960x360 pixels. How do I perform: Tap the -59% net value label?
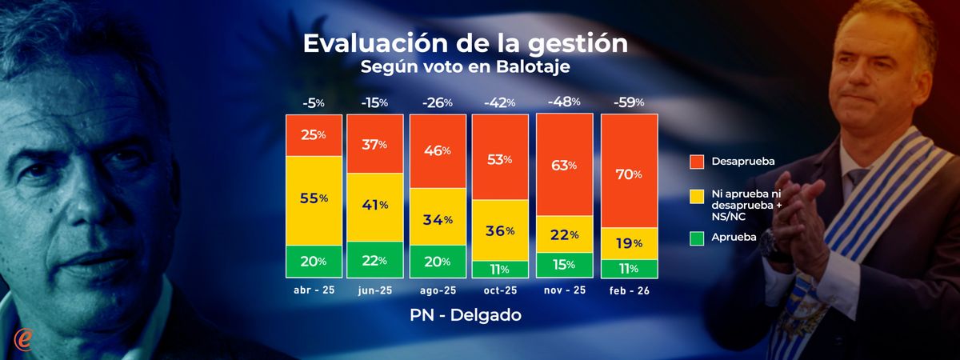(629, 102)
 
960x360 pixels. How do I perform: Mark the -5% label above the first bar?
(314, 102)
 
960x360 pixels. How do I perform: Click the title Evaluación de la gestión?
(465, 44)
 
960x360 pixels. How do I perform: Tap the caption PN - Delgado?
(465, 315)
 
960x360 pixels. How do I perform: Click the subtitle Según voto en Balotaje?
(465, 67)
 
